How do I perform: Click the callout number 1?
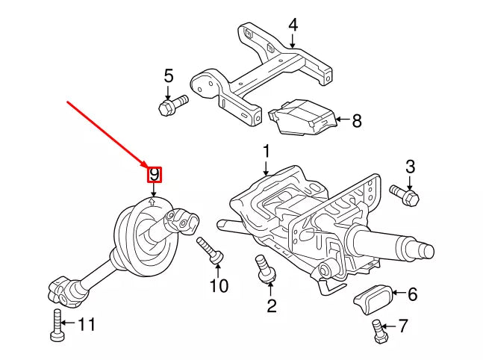pyautogui.click(x=266, y=152)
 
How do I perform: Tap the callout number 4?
pyautogui.click(x=293, y=25)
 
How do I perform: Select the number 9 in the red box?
pyautogui.click(x=155, y=175)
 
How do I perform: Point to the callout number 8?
pyautogui.click(x=356, y=120)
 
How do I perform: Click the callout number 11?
pyautogui.click(x=87, y=324)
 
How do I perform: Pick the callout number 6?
pyautogui.click(x=412, y=294)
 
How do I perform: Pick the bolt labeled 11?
pyautogui.click(x=57, y=324)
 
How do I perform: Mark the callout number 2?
pyautogui.click(x=271, y=305)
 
